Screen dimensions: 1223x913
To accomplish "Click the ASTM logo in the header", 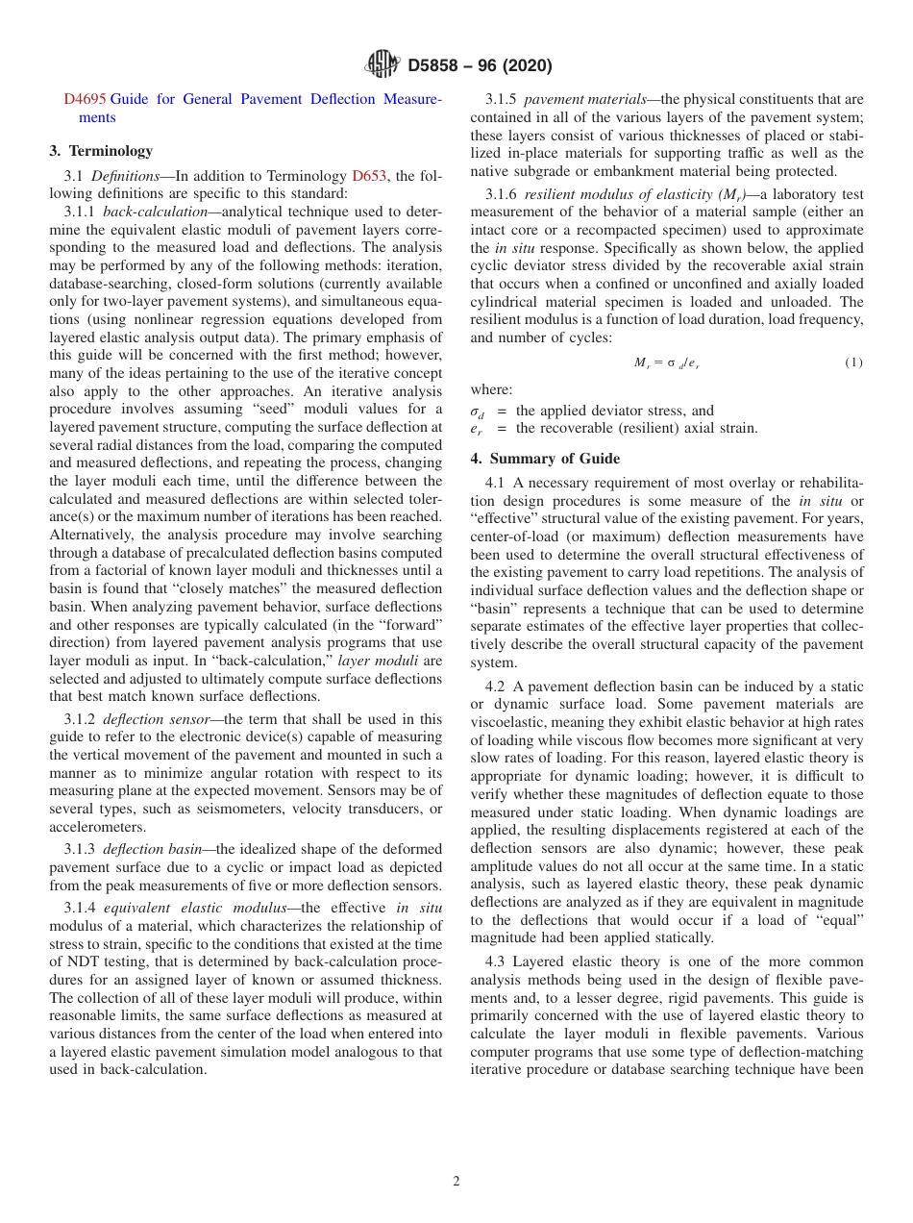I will tap(382, 64).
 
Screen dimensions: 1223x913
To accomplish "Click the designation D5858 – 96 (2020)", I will tap(480, 65).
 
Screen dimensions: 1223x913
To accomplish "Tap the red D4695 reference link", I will tap(86, 99).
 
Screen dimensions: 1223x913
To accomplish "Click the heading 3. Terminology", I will tap(100, 150).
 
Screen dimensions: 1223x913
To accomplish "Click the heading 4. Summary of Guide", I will tap(545, 458).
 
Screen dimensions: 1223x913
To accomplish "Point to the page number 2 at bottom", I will tap(456, 1182).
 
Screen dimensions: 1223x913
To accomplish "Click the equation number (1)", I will tap(853, 362).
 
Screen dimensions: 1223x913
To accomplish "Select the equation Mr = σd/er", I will tap(667, 362).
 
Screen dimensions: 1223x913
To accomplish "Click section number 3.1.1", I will tap(81, 211).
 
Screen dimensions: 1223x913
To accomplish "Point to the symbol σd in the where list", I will tap(477, 412).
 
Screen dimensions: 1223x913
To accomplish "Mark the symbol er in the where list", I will tap(477, 429).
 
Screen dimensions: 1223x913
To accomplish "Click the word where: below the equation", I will tap(491, 389).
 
